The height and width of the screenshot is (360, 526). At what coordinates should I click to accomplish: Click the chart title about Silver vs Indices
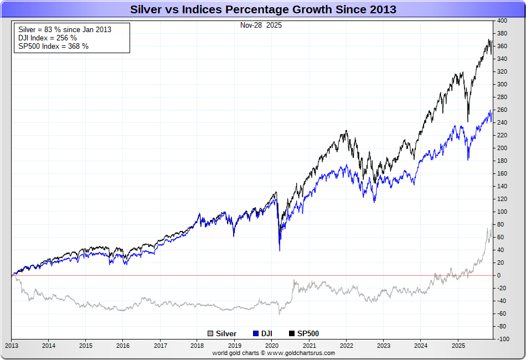[x=263, y=9]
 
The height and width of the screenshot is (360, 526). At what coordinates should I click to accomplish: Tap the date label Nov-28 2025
[x=261, y=25]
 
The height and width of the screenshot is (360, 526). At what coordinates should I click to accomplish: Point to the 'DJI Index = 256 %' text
[x=48, y=38]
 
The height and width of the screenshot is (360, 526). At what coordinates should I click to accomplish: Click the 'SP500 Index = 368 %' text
[x=53, y=46]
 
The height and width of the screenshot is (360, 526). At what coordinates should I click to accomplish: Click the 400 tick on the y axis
[x=502, y=20]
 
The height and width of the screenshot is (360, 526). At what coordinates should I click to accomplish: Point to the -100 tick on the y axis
[x=502, y=338]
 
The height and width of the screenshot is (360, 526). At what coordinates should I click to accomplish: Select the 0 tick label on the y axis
[x=499, y=275]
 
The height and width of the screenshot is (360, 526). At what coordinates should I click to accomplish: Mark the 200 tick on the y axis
[x=502, y=148]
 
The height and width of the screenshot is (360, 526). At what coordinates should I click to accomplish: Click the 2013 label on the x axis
[x=12, y=346]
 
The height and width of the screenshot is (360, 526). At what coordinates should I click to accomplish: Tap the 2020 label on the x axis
[x=272, y=346]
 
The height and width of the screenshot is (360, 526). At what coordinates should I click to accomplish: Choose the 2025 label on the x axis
[x=457, y=346]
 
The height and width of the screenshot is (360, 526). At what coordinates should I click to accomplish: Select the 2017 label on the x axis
[x=160, y=346]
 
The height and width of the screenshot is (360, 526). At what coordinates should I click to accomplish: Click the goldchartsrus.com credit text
[x=274, y=353]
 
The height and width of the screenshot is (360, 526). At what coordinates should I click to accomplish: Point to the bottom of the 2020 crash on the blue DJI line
[x=279, y=250]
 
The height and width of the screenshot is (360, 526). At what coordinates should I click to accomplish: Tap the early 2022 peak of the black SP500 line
[x=347, y=131]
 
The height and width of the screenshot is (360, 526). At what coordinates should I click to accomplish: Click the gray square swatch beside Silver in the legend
[x=210, y=333]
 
